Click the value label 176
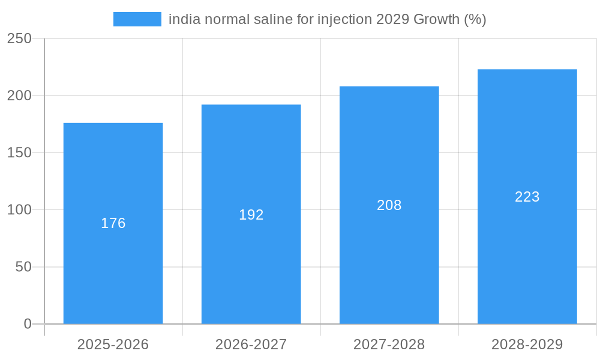pos(113,223)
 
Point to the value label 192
pos(251,215)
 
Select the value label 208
pos(389,205)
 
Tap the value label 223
pos(527,197)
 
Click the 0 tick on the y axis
pos(28,324)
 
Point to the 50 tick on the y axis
pos(23,267)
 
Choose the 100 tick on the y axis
pos(19,210)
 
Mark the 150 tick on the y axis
pos(19,152)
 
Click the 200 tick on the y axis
pos(19,95)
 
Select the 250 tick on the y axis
pos(19,38)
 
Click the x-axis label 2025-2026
pos(113,344)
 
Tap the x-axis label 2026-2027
pos(251,344)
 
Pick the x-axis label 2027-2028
pos(389,344)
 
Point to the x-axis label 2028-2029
pos(527,344)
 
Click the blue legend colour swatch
pos(137,19)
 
